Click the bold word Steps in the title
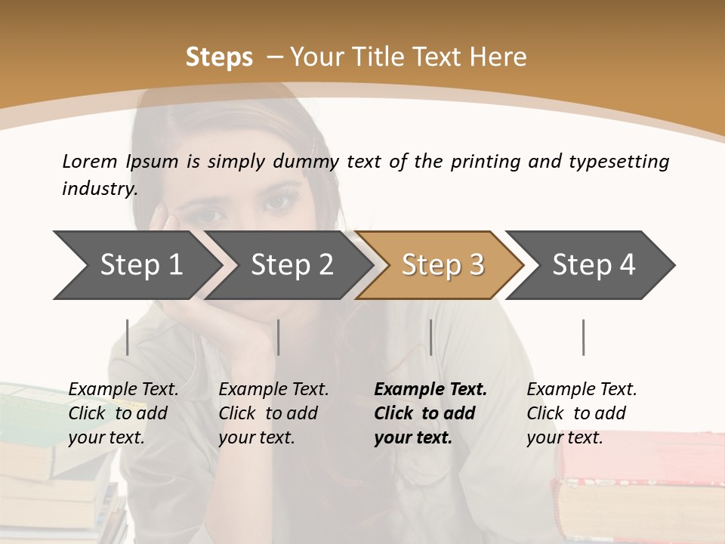pyautogui.click(x=219, y=57)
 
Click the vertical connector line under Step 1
pyautogui.click(x=128, y=337)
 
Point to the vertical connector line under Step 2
pyautogui.click(x=279, y=337)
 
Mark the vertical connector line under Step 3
pyautogui.click(x=430, y=337)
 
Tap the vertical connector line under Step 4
pyautogui.click(x=583, y=337)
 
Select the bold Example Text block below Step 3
pyautogui.click(x=430, y=413)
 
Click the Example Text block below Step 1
pyautogui.click(x=123, y=413)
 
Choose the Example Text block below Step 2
pyautogui.click(x=273, y=413)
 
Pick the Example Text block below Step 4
pyautogui.click(x=582, y=413)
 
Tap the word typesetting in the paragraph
pyautogui.click(x=619, y=162)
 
